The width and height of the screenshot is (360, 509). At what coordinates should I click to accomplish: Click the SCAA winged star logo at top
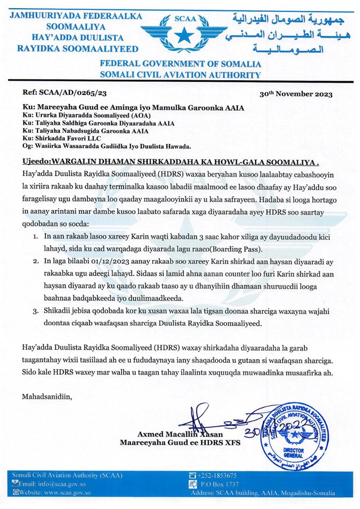[x=181, y=33]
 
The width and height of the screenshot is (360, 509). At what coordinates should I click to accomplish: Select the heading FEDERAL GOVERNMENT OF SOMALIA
[x=180, y=64]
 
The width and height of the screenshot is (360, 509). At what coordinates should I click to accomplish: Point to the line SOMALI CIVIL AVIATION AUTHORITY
[x=180, y=74]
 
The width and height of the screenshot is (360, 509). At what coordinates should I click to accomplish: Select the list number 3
[x=34, y=311]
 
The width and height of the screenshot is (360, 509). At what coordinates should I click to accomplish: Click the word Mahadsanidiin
[x=47, y=396]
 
